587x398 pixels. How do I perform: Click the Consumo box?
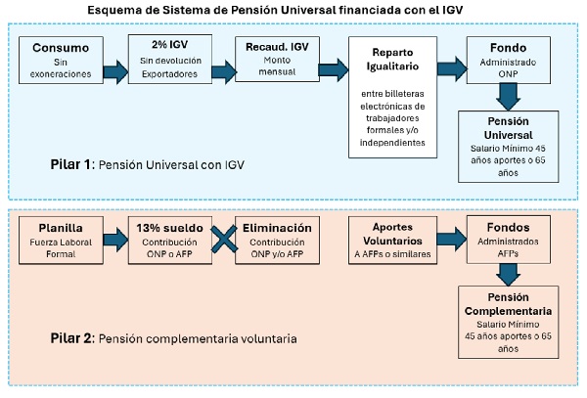tap(61, 60)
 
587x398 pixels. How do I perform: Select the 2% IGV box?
tap(170, 59)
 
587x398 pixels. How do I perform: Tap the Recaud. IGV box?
tap(277, 59)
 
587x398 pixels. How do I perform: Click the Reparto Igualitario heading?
tap(392, 59)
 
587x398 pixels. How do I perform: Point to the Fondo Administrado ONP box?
tap(509, 60)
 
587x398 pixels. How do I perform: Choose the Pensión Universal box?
tap(509, 147)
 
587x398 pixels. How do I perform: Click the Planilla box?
tap(61, 241)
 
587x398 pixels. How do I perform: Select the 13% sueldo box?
tap(170, 241)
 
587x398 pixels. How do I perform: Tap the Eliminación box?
tap(277, 241)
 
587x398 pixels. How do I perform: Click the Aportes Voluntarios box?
tap(392, 241)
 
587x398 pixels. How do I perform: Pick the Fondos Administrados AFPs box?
tap(509, 240)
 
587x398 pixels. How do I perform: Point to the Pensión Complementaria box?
tap(509, 323)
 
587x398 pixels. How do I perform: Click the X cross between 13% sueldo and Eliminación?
tap(224, 240)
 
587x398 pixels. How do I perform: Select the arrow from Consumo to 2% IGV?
tap(115, 71)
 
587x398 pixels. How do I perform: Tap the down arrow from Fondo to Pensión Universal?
tap(508, 97)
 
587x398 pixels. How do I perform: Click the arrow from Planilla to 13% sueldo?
tap(115, 240)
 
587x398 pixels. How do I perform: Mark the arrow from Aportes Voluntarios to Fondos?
tap(452, 240)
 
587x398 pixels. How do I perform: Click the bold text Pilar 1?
tap(70, 164)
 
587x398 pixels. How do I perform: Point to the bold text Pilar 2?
tap(71, 338)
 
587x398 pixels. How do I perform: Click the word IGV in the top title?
tap(452, 10)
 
